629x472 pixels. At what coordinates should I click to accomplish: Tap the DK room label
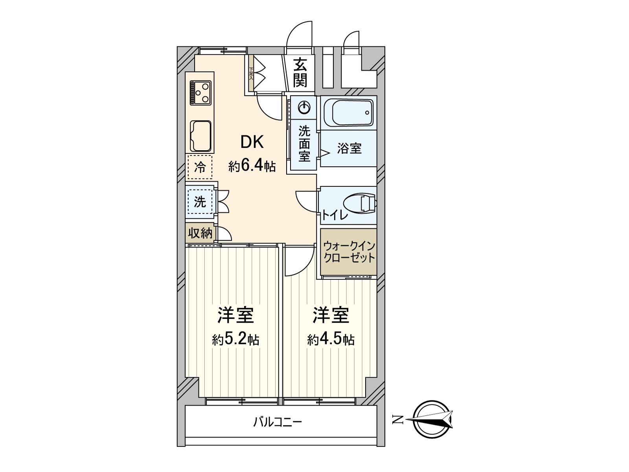252,142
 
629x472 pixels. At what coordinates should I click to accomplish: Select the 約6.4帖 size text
252,166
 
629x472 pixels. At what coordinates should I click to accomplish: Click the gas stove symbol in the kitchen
200,93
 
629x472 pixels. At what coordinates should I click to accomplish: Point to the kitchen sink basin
200,136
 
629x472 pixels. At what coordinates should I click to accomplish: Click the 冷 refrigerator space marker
200,167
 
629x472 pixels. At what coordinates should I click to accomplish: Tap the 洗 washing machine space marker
200,202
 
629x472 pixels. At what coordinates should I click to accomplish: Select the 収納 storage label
200,233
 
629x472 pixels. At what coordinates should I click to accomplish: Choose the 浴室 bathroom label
349,148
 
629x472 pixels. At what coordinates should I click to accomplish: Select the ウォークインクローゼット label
349,252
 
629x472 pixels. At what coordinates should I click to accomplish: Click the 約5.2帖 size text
235,339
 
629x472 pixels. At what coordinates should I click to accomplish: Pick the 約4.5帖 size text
331,339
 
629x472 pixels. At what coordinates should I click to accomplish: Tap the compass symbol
432,419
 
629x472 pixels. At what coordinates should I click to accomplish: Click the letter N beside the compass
398,420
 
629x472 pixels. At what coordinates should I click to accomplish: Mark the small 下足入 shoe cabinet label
251,73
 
